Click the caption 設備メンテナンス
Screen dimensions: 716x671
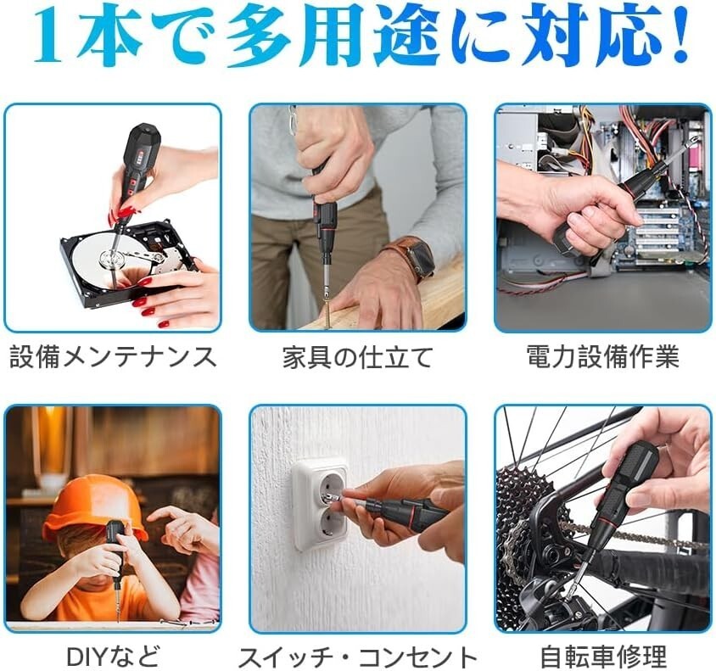click(113, 356)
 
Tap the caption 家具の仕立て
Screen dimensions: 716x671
click(357, 357)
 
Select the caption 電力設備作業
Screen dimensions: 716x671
click(603, 356)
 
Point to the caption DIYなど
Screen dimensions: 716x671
click(113, 656)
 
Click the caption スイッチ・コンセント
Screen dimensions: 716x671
click(357, 657)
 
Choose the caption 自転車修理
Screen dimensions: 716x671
click(603, 657)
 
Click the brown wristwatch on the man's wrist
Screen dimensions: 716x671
click(413, 258)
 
